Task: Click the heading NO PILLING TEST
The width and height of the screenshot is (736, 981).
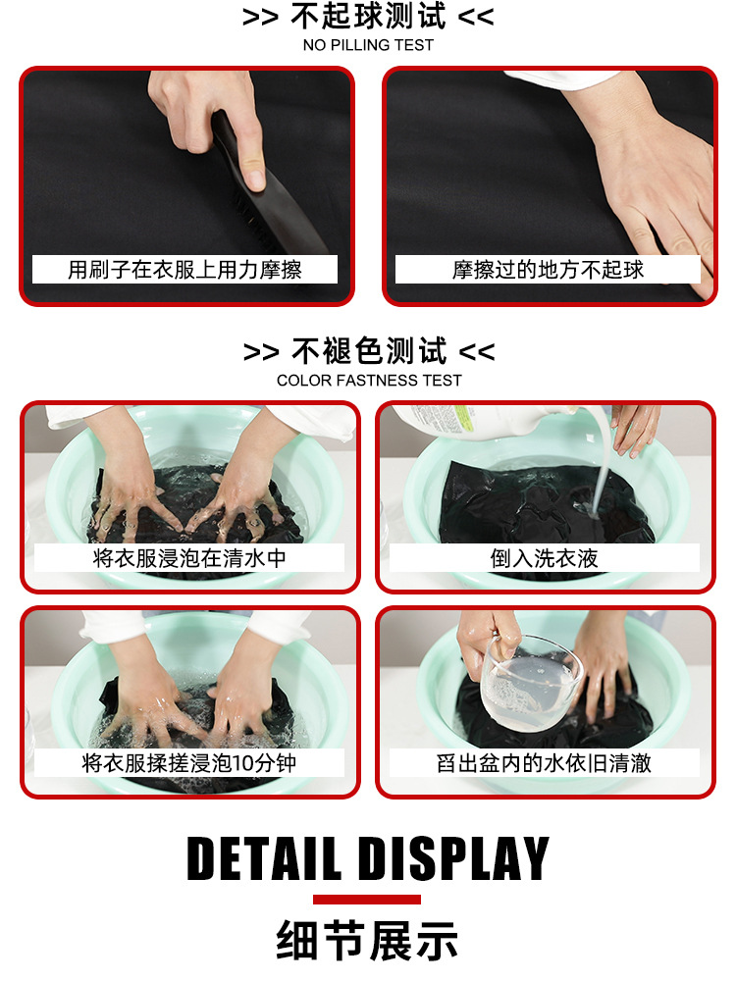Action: (x=368, y=45)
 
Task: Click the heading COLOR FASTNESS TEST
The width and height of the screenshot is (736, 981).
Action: (x=369, y=381)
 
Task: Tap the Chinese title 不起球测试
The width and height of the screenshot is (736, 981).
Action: (x=368, y=17)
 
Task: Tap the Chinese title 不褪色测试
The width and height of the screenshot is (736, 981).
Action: (x=369, y=351)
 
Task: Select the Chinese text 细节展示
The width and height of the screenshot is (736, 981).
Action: (x=367, y=941)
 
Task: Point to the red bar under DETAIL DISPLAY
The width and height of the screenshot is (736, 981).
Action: (x=367, y=900)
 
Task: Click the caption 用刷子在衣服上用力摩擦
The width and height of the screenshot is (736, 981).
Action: (x=184, y=270)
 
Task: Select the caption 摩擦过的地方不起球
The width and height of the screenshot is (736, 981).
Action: (x=548, y=270)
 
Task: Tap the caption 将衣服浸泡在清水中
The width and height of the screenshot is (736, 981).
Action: (x=189, y=558)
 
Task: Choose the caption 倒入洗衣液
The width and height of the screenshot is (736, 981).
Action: (x=544, y=558)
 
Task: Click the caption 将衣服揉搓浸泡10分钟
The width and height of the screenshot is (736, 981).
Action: (x=189, y=763)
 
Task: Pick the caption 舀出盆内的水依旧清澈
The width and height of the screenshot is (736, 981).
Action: (x=544, y=763)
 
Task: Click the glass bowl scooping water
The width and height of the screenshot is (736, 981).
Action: (x=530, y=682)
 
